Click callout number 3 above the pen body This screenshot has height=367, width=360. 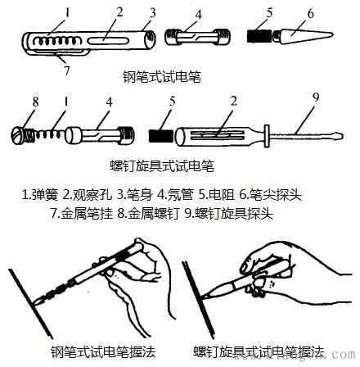(x=150, y=12)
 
